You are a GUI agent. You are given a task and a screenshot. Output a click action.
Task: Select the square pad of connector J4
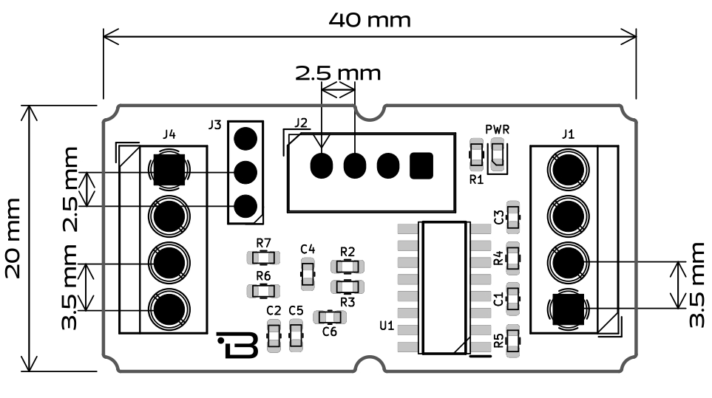pyautogui.click(x=169, y=170)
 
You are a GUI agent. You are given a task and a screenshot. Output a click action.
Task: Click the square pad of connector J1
pyautogui.click(x=568, y=308)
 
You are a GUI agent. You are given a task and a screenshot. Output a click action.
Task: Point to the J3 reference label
pyautogui.click(x=214, y=125)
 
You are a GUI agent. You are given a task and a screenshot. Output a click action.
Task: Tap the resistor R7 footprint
pyautogui.click(x=263, y=258)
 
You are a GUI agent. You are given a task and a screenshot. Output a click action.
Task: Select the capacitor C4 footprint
pyautogui.click(x=308, y=274)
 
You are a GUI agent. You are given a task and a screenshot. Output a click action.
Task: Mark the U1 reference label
pyautogui.click(x=386, y=326)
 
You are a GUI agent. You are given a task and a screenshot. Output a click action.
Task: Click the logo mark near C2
pyautogui.click(x=238, y=344)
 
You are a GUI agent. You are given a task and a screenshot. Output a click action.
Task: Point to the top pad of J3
pyautogui.click(x=245, y=138)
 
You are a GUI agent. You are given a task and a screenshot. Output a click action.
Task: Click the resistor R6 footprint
pyautogui.click(x=263, y=290)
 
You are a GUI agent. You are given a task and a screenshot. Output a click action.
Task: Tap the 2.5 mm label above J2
pyautogui.click(x=338, y=72)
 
